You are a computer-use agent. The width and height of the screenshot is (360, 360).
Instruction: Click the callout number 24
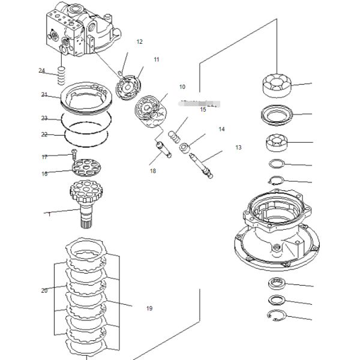[42, 71]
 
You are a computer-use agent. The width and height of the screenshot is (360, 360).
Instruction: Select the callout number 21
[44, 95]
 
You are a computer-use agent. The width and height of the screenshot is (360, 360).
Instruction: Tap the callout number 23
[44, 118]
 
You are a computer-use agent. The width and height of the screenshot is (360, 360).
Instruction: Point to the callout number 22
[44, 134]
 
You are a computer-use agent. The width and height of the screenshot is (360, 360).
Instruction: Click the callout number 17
[44, 157]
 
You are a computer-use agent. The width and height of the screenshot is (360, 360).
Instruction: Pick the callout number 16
[44, 174]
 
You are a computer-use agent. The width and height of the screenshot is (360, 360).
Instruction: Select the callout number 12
[139, 42]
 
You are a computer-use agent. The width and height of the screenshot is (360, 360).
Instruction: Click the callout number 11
[157, 59]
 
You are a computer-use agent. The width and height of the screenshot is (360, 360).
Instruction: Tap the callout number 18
[153, 171]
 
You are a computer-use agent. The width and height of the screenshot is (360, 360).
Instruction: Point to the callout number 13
[238, 147]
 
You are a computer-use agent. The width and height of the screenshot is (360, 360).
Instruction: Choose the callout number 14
[221, 129]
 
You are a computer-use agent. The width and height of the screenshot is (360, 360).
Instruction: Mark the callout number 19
[149, 308]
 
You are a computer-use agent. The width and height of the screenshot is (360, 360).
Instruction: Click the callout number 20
[44, 290]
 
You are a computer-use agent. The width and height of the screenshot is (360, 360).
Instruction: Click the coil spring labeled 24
[60, 75]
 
